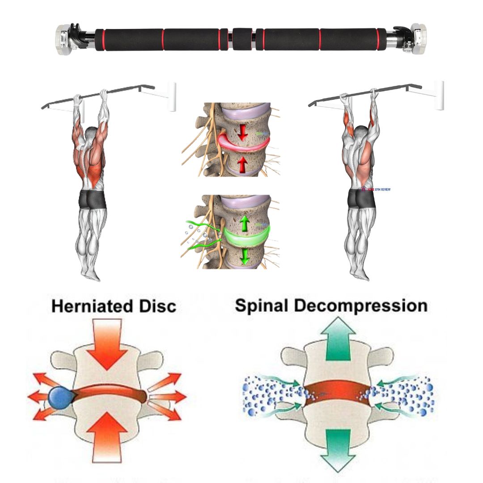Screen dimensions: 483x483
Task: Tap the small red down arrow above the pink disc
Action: [x=242, y=131]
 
